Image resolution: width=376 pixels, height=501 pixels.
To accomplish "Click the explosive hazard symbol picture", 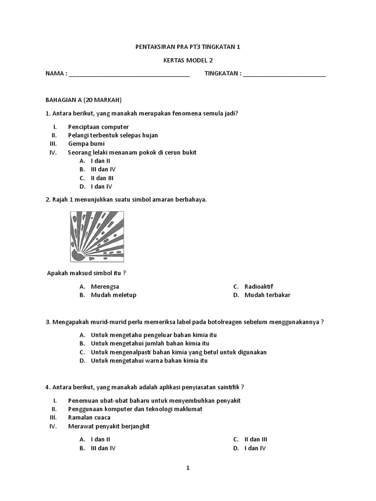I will pyautogui.click(x=97, y=236).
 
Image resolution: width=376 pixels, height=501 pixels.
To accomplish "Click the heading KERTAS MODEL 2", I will pyautogui.click(x=188, y=60).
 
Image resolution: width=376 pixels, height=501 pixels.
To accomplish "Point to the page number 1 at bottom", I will pyautogui.click(x=188, y=468).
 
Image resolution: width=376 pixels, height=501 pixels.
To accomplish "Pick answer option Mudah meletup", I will pyautogui.click(x=114, y=295).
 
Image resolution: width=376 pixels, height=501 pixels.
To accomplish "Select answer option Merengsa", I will pyautogui.click(x=105, y=286).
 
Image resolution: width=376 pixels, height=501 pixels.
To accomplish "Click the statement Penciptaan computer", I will pyautogui.click(x=98, y=127).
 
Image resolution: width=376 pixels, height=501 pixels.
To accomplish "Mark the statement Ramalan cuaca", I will pyautogui.click(x=89, y=417).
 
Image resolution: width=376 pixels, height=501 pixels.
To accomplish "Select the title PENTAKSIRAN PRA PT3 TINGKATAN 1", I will pyautogui.click(x=188, y=47).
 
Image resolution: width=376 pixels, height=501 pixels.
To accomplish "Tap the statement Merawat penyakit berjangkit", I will pyautogui.click(x=109, y=426).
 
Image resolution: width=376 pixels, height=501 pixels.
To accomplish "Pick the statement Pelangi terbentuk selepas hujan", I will pyautogui.click(x=113, y=135).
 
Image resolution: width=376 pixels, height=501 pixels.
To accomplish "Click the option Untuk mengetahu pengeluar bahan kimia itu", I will pyautogui.click(x=154, y=335).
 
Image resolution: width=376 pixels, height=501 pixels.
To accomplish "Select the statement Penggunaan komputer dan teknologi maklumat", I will pyautogui.click(x=135, y=409).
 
